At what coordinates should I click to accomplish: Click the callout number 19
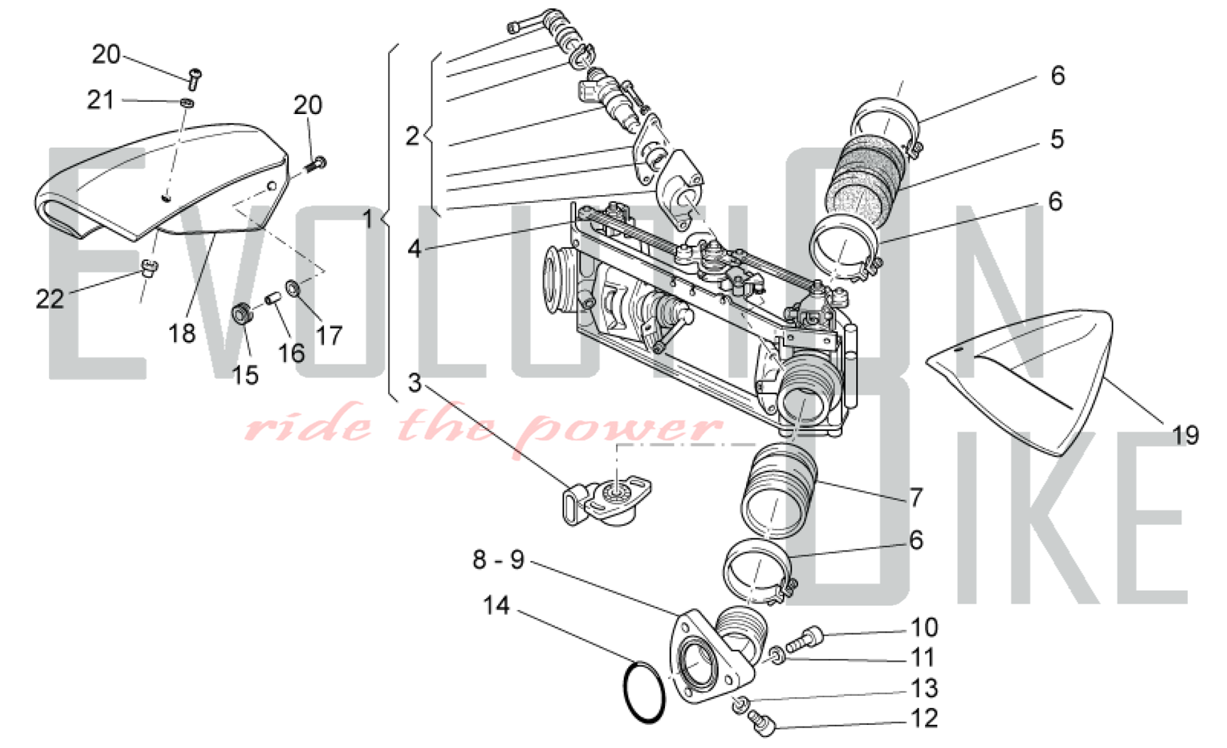pyautogui.click(x=1185, y=436)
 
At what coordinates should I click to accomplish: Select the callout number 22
pyautogui.click(x=50, y=299)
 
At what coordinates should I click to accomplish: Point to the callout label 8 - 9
pyautogui.click(x=498, y=560)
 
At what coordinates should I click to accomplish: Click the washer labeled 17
pyautogui.click(x=293, y=287)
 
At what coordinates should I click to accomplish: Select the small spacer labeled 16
pyautogui.click(x=272, y=300)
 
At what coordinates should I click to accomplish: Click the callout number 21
pyautogui.click(x=101, y=100)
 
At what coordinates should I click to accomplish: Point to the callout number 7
pyautogui.click(x=916, y=497)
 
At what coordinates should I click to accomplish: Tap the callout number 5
pyautogui.click(x=1056, y=139)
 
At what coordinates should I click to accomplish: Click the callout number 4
pyautogui.click(x=415, y=248)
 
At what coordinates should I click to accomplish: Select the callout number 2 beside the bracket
pyautogui.click(x=412, y=136)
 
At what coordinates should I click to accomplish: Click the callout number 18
pyautogui.click(x=182, y=334)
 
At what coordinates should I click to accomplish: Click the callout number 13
pyautogui.click(x=924, y=689)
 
